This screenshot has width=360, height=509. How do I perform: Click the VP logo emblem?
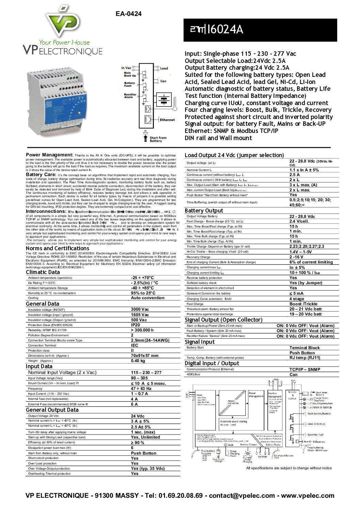[x=63, y=22]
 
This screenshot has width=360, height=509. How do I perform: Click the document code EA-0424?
[x=128, y=14]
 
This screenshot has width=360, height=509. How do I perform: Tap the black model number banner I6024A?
[x=260, y=30]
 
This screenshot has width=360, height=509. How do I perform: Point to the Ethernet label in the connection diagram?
[x=167, y=120]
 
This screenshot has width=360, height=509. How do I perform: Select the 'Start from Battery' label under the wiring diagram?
[x=158, y=139]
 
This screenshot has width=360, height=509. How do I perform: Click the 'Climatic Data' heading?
[x=43, y=272]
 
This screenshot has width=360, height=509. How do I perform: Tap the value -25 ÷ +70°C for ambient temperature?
[x=142, y=278]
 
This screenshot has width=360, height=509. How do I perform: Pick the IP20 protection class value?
[x=135, y=325]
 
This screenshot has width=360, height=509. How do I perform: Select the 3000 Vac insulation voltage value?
[x=140, y=309]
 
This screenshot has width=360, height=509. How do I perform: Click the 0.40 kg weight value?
[x=138, y=361]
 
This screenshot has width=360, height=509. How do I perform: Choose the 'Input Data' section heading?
[x=39, y=366]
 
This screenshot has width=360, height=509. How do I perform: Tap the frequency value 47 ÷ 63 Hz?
[x=141, y=388]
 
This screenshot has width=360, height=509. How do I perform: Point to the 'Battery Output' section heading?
[x=204, y=210]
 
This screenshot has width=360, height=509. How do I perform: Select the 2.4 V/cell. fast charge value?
[x=299, y=221]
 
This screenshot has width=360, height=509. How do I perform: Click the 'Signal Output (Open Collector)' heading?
[x=224, y=320]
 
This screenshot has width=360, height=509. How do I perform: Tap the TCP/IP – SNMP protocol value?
[x=305, y=369]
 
